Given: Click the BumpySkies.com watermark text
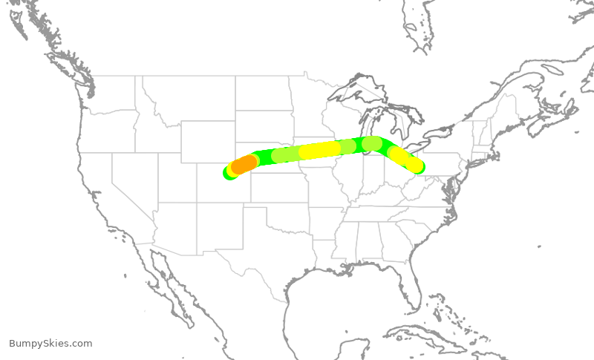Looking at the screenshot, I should [50, 343].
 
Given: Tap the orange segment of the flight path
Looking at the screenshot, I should [244, 164].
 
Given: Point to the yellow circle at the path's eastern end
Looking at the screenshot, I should [414, 165].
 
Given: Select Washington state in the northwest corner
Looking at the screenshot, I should [108, 93].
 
